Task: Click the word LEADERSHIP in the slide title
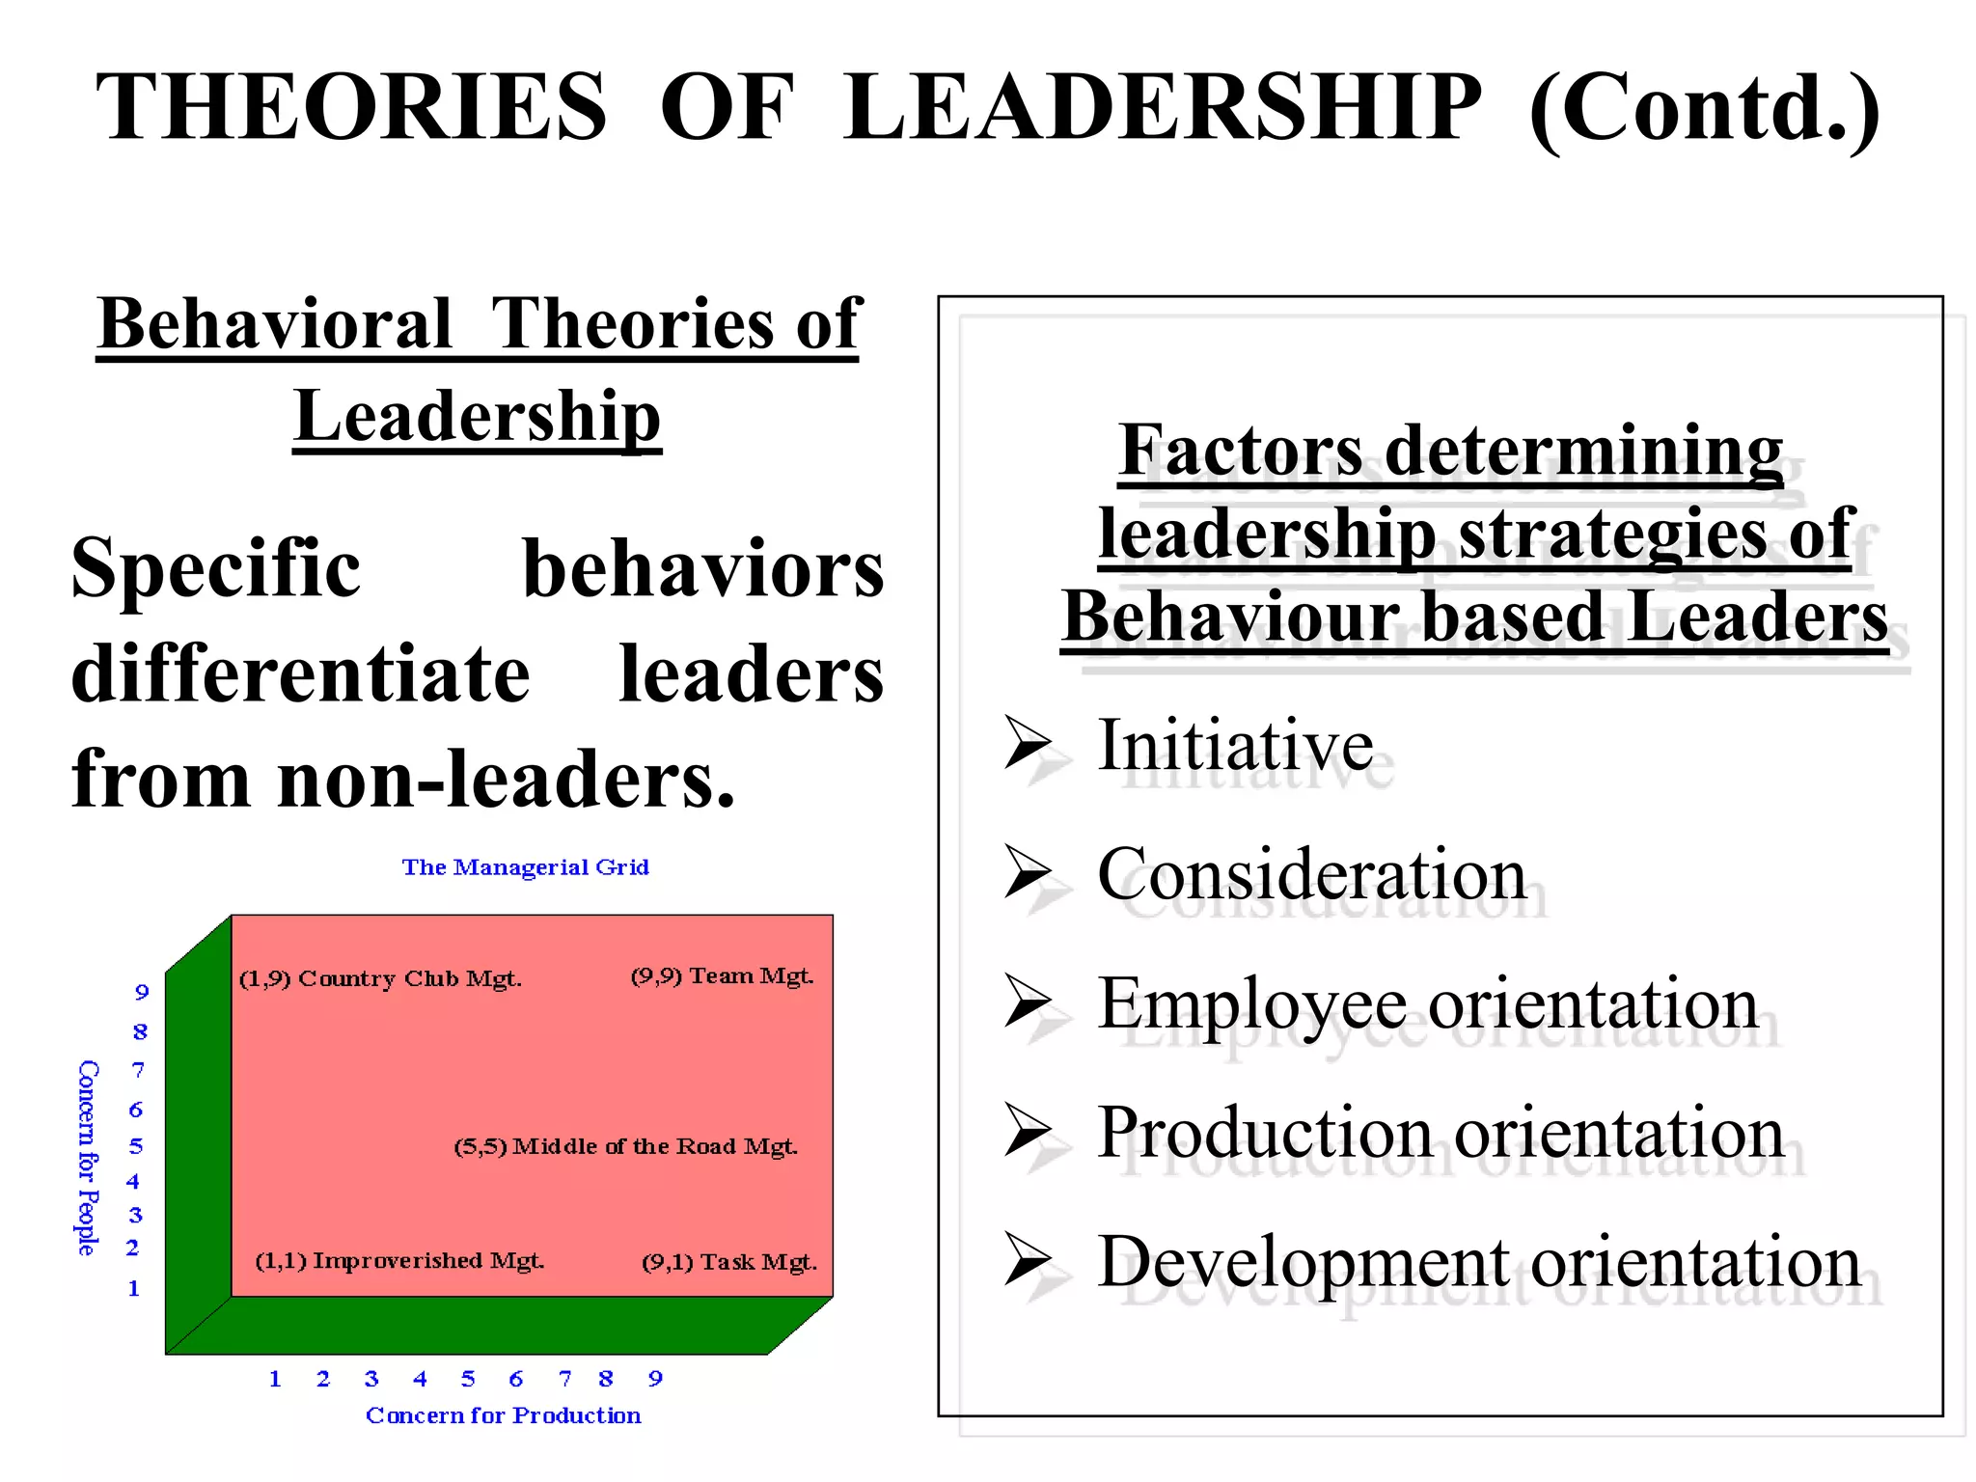1161,108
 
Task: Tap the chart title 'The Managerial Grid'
525,867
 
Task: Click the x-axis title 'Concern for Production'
503,1415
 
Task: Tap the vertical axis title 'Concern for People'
88,1158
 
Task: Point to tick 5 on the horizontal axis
468,1379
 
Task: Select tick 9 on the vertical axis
142,992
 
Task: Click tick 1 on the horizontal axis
275,1379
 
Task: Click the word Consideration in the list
1311,874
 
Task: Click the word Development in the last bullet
1304,1262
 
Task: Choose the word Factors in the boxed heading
1241,451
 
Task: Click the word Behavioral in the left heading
275,323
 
